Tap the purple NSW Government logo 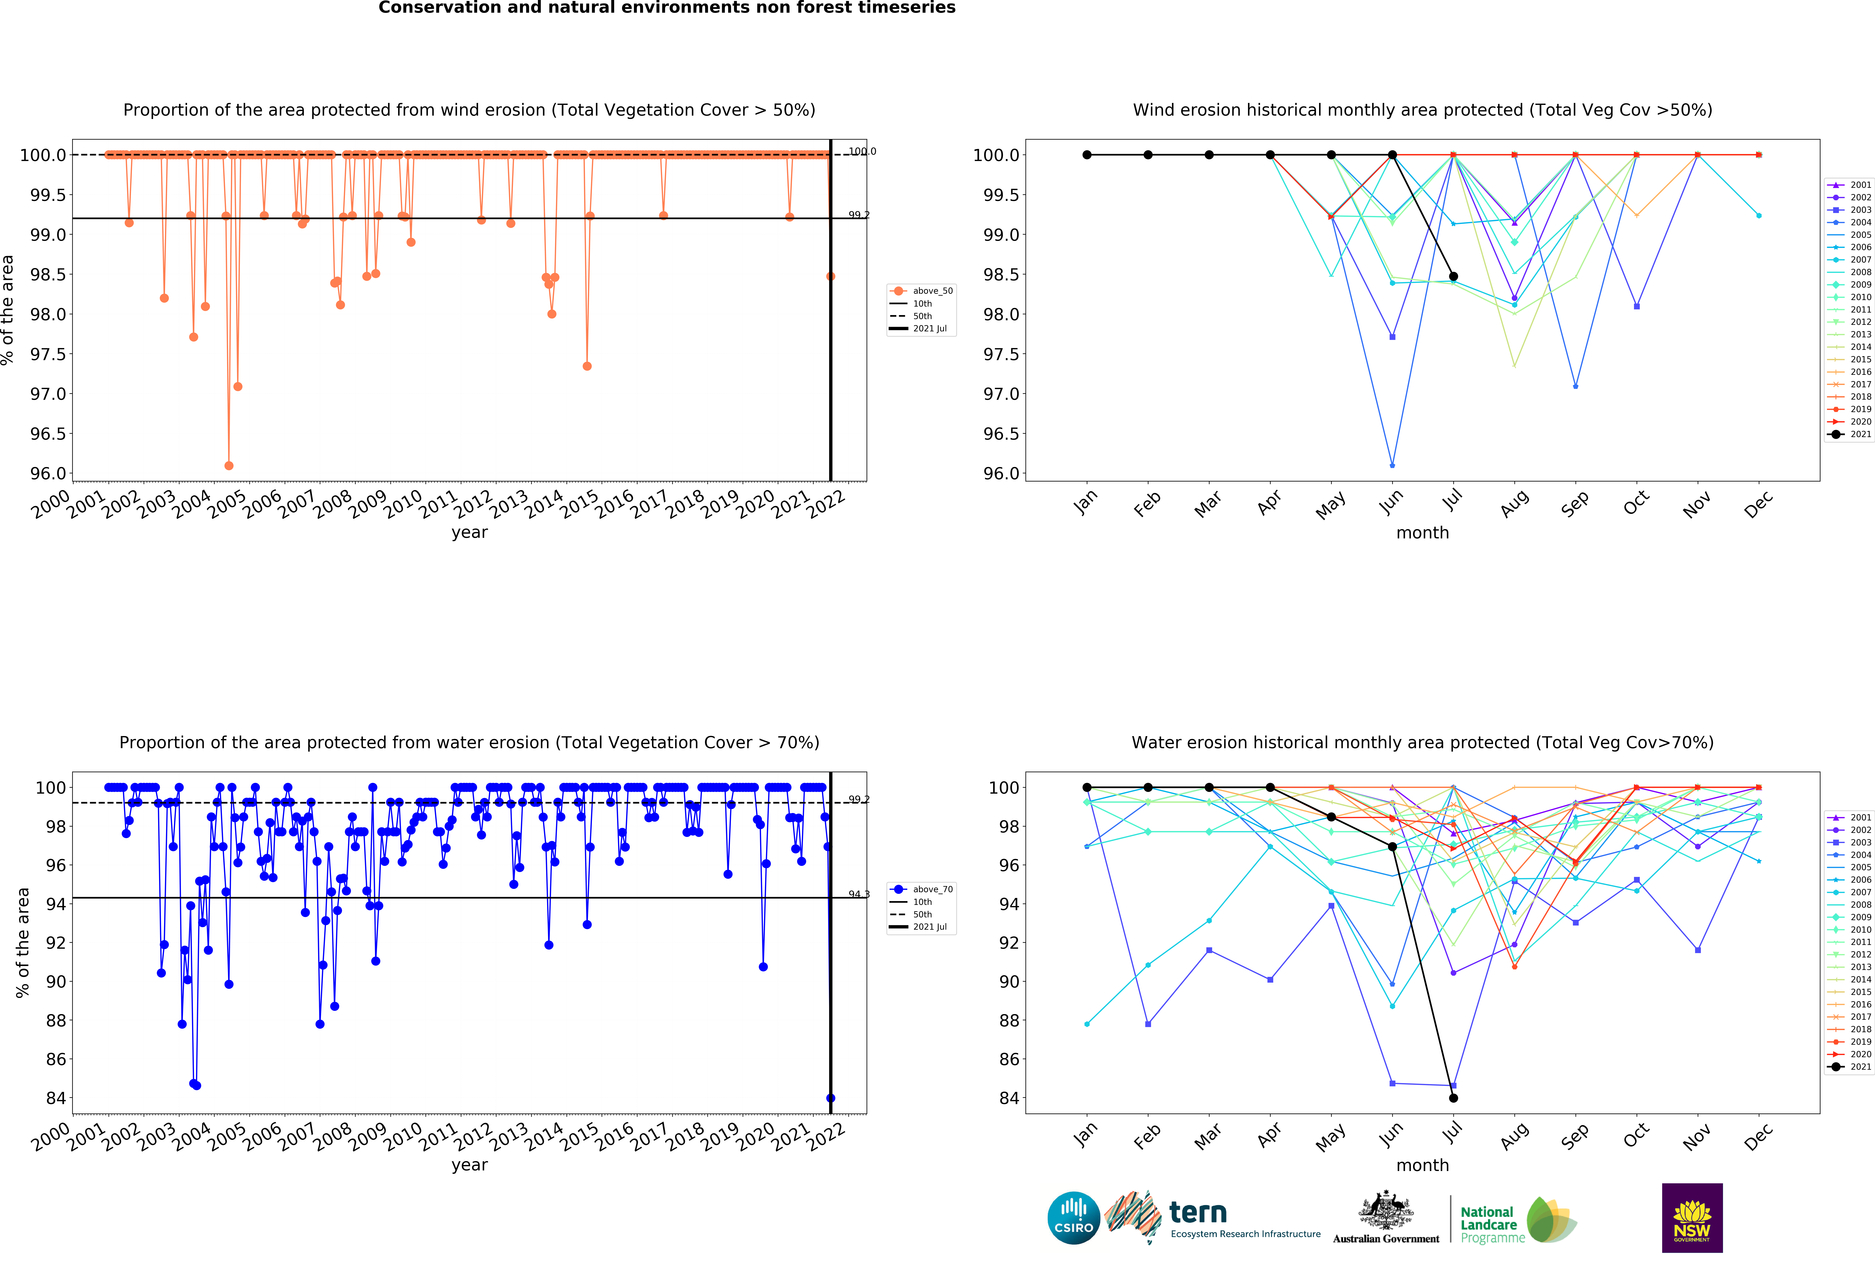(1692, 1218)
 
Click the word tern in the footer (1198, 1212)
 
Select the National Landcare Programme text (1489, 1224)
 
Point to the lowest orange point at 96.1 (229, 465)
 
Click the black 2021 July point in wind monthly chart (1453, 277)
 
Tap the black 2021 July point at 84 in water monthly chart (1453, 1098)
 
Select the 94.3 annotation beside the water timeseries (858, 894)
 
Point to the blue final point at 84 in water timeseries (830, 1098)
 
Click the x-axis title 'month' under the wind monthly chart (1422, 533)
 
